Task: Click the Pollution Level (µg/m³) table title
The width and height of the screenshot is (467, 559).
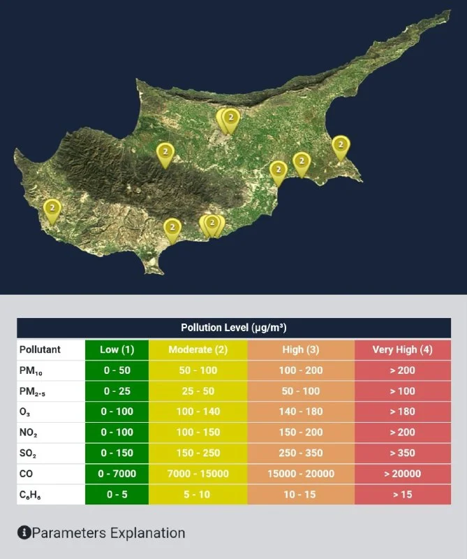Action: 233,328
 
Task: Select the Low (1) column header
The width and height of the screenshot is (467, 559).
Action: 117,349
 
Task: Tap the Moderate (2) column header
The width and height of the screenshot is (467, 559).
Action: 198,349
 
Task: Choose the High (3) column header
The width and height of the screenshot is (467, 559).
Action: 301,349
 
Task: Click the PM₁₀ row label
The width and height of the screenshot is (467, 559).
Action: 31,370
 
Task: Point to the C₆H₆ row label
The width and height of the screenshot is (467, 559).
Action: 31,495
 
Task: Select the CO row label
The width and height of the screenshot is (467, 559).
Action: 27,474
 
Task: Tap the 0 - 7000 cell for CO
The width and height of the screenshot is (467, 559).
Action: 117,474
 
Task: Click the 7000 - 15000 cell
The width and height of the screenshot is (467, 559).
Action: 198,474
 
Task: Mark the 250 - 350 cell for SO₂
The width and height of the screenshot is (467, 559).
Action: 301,453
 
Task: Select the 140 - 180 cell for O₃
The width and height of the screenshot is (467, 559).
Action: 301,412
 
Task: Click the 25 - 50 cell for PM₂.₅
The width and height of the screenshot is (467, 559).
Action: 198,391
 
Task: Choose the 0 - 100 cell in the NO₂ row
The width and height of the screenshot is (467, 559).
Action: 117,433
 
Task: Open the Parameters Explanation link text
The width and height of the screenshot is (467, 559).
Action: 109,533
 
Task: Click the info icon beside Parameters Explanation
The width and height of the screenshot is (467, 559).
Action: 24,533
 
